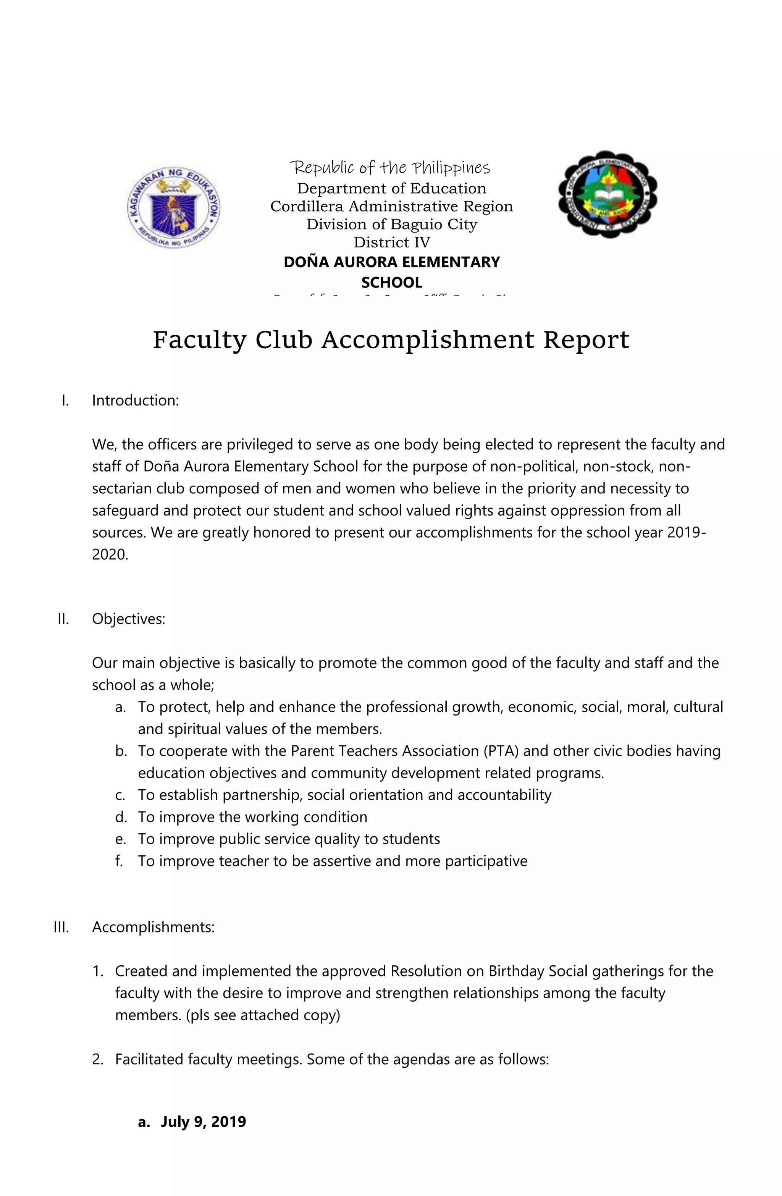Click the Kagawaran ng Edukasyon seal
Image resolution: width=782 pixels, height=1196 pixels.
click(x=173, y=207)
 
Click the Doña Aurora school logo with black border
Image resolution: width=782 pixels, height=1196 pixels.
click(x=608, y=194)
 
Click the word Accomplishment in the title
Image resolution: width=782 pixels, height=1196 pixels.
click(x=428, y=340)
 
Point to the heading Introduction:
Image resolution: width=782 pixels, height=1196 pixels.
click(x=135, y=401)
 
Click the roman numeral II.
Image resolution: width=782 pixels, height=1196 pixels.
click(x=63, y=619)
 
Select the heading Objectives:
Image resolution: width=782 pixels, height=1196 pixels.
click(x=128, y=619)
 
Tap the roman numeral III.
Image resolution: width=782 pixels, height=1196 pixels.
click(x=61, y=927)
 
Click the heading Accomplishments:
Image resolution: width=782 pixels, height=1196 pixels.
click(x=153, y=927)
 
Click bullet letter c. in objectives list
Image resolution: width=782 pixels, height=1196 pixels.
click(x=120, y=795)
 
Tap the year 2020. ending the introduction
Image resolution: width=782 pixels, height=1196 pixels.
click(x=110, y=554)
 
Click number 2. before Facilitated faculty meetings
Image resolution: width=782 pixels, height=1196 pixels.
click(x=98, y=1059)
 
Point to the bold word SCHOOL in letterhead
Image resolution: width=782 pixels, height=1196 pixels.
click(x=391, y=283)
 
